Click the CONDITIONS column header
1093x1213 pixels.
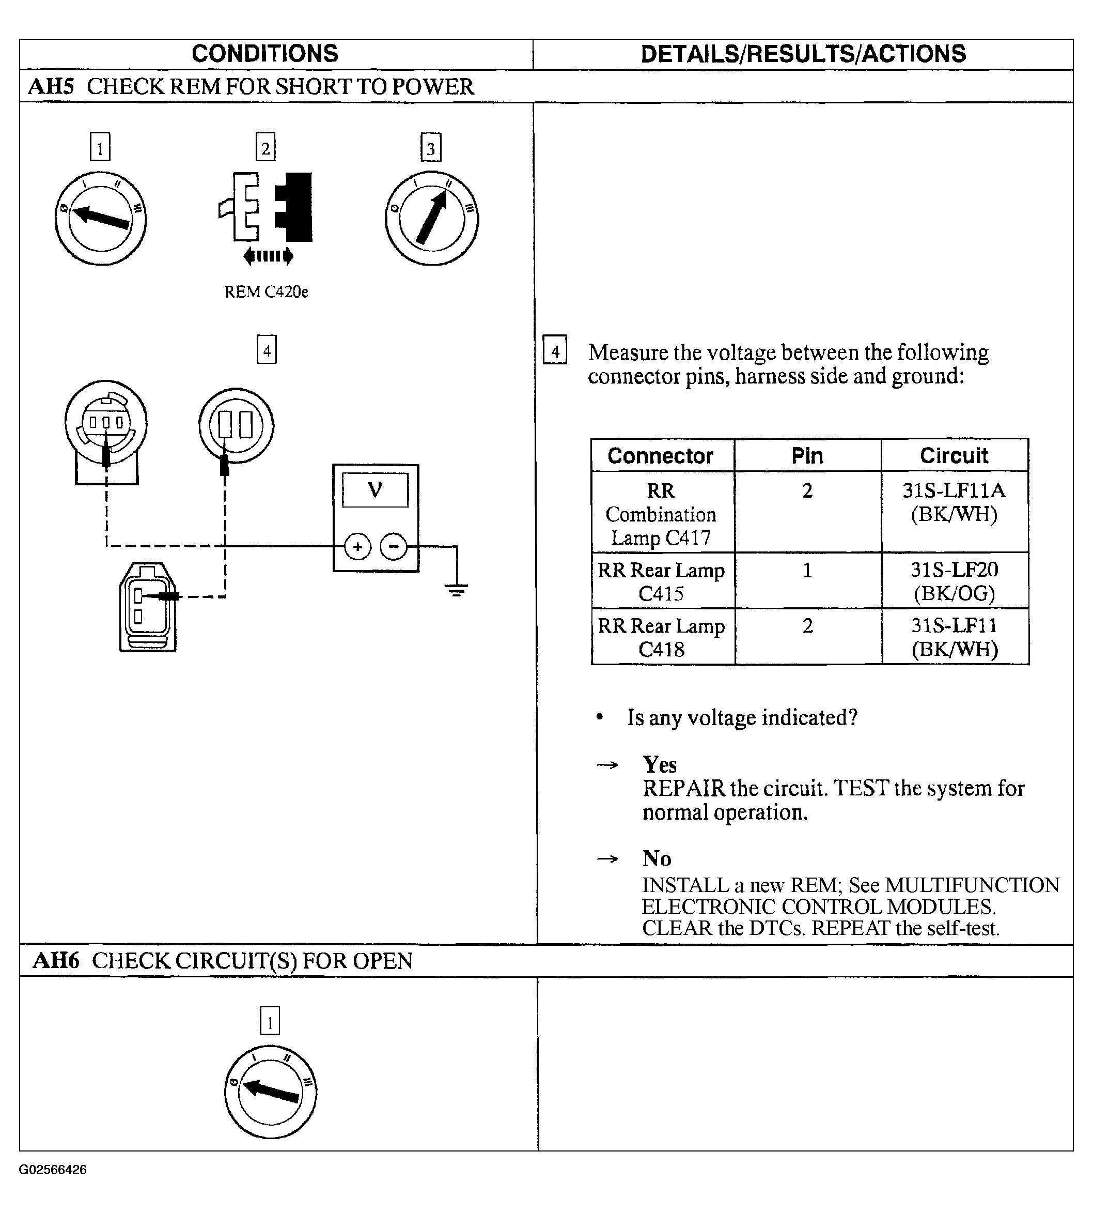point(265,53)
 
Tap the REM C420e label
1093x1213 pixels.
point(266,292)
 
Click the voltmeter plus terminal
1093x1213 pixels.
point(358,547)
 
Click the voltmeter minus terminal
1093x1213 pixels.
point(394,547)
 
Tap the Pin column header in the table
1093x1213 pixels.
point(807,456)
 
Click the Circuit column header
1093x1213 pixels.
point(954,456)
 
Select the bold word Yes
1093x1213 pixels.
point(660,765)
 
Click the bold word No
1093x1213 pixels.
point(657,858)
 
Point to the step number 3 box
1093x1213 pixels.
point(431,148)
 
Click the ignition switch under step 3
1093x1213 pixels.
point(432,218)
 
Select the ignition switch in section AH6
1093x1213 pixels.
point(271,1092)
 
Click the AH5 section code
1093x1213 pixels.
point(51,86)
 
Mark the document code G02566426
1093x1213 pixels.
point(53,1169)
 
